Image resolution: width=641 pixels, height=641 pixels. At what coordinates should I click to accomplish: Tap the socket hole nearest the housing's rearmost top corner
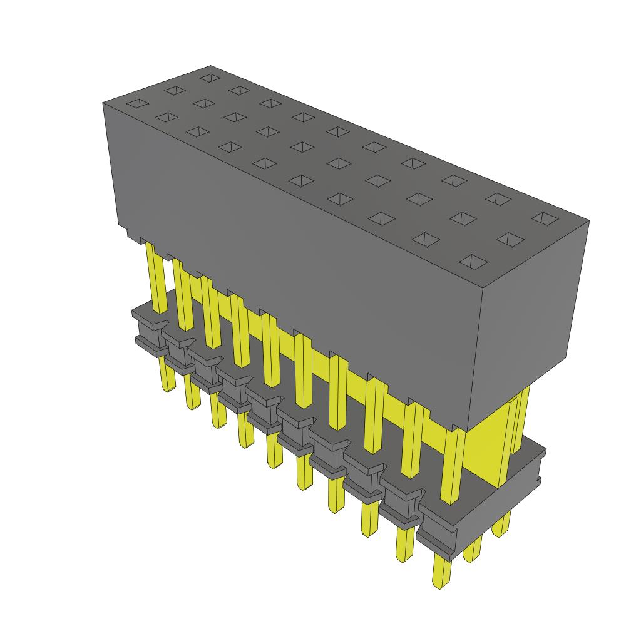click(209, 78)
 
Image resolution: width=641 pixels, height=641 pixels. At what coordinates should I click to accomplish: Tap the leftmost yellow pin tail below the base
click(167, 376)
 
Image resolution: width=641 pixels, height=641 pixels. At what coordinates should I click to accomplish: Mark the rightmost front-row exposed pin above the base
click(451, 463)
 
